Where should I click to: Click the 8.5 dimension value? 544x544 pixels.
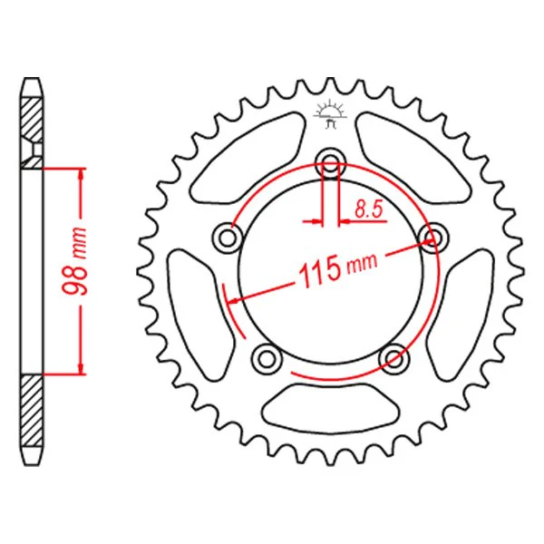pyautogui.click(x=368, y=209)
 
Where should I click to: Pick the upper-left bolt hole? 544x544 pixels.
pyautogui.click(x=228, y=238)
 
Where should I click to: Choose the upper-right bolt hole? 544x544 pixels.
pyautogui.click(x=433, y=238)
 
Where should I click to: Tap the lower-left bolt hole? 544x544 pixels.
pyautogui.click(x=266, y=359)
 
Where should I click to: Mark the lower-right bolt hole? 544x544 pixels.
pyautogui.click(x=394, y=359)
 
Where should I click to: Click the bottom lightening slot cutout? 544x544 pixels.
pyautogui.click(x=331, y=407)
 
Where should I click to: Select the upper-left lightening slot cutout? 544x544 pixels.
pyautogui.click(x=248, y=157)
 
